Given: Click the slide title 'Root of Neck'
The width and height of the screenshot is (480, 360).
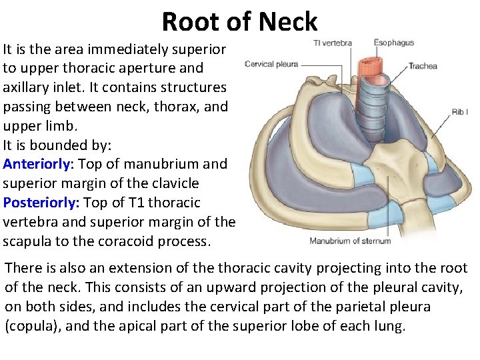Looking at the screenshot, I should tap(239, 21).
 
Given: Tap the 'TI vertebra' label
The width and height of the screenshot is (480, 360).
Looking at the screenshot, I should tap(332, 43).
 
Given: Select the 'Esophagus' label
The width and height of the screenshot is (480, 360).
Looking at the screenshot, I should tap(393, 43).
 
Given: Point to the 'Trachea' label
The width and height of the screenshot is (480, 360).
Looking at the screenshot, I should tap(423, 66).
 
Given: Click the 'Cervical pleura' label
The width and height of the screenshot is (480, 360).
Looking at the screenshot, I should tap(271, 64).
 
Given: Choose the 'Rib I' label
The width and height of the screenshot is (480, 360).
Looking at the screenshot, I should tap(459, 112).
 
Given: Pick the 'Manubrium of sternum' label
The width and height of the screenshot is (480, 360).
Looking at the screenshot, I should tap(350, 241).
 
